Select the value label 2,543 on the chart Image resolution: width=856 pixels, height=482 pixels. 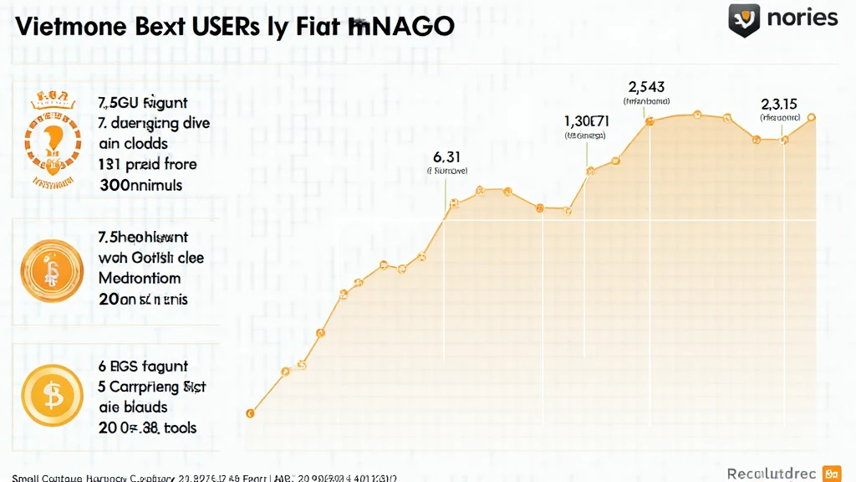point(646,86)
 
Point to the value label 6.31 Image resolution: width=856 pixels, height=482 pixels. point(447,156)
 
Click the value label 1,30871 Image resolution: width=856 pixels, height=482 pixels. point(586,120)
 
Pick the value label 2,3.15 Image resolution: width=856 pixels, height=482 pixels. point(778,104)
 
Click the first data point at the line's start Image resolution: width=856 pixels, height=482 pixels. point(249,413)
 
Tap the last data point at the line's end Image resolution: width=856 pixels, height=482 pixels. point(812,118)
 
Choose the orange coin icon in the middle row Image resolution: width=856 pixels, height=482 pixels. point(53,270)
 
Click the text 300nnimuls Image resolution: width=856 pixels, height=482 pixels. point(140,184)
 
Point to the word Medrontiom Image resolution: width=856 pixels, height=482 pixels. point(139,278)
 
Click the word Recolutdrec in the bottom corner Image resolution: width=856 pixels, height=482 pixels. point(770,474)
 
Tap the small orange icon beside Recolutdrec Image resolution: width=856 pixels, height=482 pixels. point(831,474)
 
